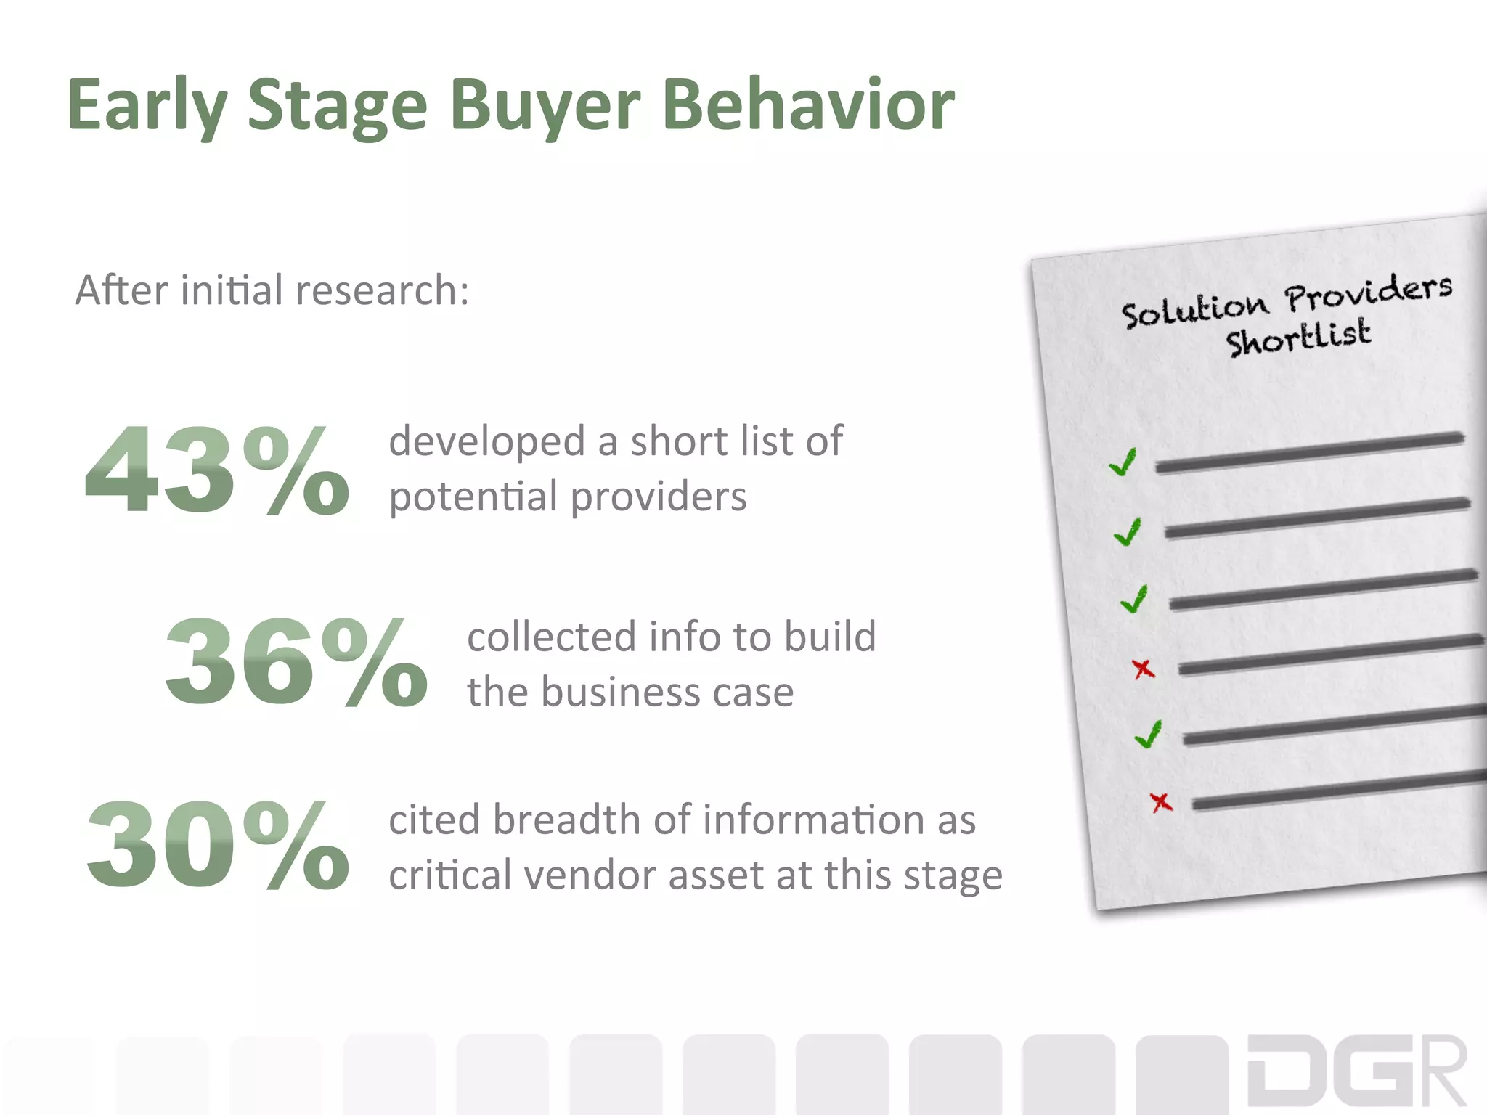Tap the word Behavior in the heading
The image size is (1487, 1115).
pyautogui.click(x=808, y=106)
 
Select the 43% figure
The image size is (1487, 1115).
pyautogui.click(x=216, y=470)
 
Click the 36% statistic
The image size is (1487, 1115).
pyautogui.click(x=296, y=662)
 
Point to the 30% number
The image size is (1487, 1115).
pyautogui.click(x=217, y=846)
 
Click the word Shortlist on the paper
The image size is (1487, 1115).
pyautogui.click(x=1298, y=338)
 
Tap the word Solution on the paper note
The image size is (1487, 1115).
pyautogui.click(x=1194, y=311)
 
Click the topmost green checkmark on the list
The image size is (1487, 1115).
pyautogui.click(x=1123, y=462)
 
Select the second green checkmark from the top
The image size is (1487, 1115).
pyautogui.click(x=1128, y=532)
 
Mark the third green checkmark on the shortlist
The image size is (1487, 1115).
pyautogui.click(x=1134, y=600)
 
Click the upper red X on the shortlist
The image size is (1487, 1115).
pyautogui.click(x=1144, y=669)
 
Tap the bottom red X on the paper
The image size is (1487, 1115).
pyautogui.click(x=1161, y=802)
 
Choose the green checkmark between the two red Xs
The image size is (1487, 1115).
pyautogui.click(x=1149, y=735)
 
